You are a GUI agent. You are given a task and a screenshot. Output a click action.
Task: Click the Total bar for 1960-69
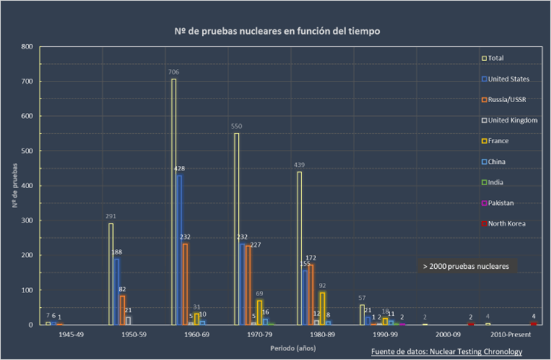pyautogui.click(x=173, y=201)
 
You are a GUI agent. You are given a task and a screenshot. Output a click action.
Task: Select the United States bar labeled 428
pyautogui.click(x=180, y=250)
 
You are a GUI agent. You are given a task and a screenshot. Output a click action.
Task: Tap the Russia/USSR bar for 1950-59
pyautogui.click(x=123, y=309)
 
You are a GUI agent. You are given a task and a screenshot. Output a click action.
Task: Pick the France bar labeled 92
pyautogui.click(x=323, y=308)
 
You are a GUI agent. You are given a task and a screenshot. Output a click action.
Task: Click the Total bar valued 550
pyautogui.click(x=237, y=228)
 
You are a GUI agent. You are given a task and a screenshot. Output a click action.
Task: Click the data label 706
pyautogui.click(x=173, y=72)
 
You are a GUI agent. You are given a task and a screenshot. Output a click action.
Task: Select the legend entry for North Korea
pyautogui.click(x=507, y=224)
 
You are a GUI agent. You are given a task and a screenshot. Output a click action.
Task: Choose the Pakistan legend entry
pyautogui.click(x=503, y=204)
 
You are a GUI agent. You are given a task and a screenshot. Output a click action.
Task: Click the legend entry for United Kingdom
pyautogui.click(x=514, y=120)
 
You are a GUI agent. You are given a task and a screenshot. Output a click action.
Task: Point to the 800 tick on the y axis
pyautogui.click(x=27, y=46)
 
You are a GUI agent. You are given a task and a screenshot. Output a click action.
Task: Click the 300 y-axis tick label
pyautogui.click(x=27, y=220)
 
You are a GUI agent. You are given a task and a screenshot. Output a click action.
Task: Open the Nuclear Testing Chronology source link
pyautogui.click(x=447, y=351)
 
